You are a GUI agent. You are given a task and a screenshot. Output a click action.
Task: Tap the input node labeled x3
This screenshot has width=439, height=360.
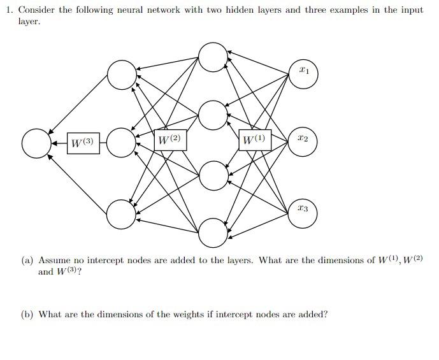click(x=304, y=208)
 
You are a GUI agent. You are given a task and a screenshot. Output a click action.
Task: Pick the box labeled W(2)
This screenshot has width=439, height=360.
click(x=170, y=140)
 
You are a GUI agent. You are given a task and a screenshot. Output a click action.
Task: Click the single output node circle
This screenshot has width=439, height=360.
click(x=36, y=143)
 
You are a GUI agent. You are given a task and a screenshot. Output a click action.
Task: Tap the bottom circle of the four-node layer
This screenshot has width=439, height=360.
click(x=212, y=233)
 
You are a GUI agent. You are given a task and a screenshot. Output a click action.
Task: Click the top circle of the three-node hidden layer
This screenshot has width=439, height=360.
click(x=121, y=75)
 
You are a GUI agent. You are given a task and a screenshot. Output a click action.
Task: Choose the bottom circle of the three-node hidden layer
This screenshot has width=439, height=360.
click(x=121, y=214)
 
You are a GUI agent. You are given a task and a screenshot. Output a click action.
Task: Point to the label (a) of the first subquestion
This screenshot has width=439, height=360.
click(x=27, y=261)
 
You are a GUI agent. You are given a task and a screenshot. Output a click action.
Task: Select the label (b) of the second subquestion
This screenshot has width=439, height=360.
click(x=27, y=315)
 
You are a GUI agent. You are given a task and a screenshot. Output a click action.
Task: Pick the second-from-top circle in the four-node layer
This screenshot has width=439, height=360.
click(x=212, y=115)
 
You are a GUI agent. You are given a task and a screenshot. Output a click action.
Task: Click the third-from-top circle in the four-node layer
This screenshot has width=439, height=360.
click(x=212, y=175)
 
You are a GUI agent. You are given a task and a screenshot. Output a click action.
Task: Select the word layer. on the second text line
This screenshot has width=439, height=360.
click(x=29, y=22)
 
